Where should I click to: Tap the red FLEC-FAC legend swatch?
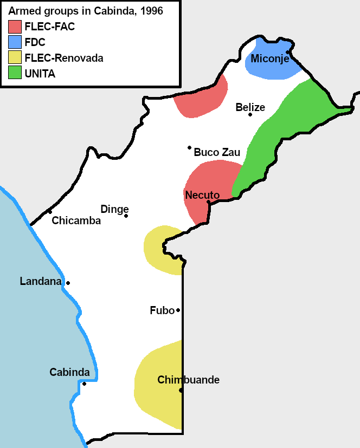[x=15, y=26]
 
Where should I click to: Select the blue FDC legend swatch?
[x=15, y=42]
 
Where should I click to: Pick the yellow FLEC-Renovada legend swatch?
[x=15, y=57]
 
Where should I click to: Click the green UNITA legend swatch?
[x=15, y=73]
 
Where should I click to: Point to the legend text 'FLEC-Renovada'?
[x=64, y=58]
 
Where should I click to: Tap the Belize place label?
[x=250, y=107]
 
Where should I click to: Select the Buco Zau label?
[x=216, y=152]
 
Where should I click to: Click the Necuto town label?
[x=202, y=195]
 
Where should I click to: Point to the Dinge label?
[x=114, y=209]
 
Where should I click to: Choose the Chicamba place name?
[x=76, y=220]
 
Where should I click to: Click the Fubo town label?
[x=162, y=310]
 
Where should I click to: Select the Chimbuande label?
[x=188, y=380]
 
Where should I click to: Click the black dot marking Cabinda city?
[x=84, y=384]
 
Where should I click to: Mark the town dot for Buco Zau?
[x=189, y=147]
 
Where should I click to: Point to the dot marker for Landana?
[x=68, y=283]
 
